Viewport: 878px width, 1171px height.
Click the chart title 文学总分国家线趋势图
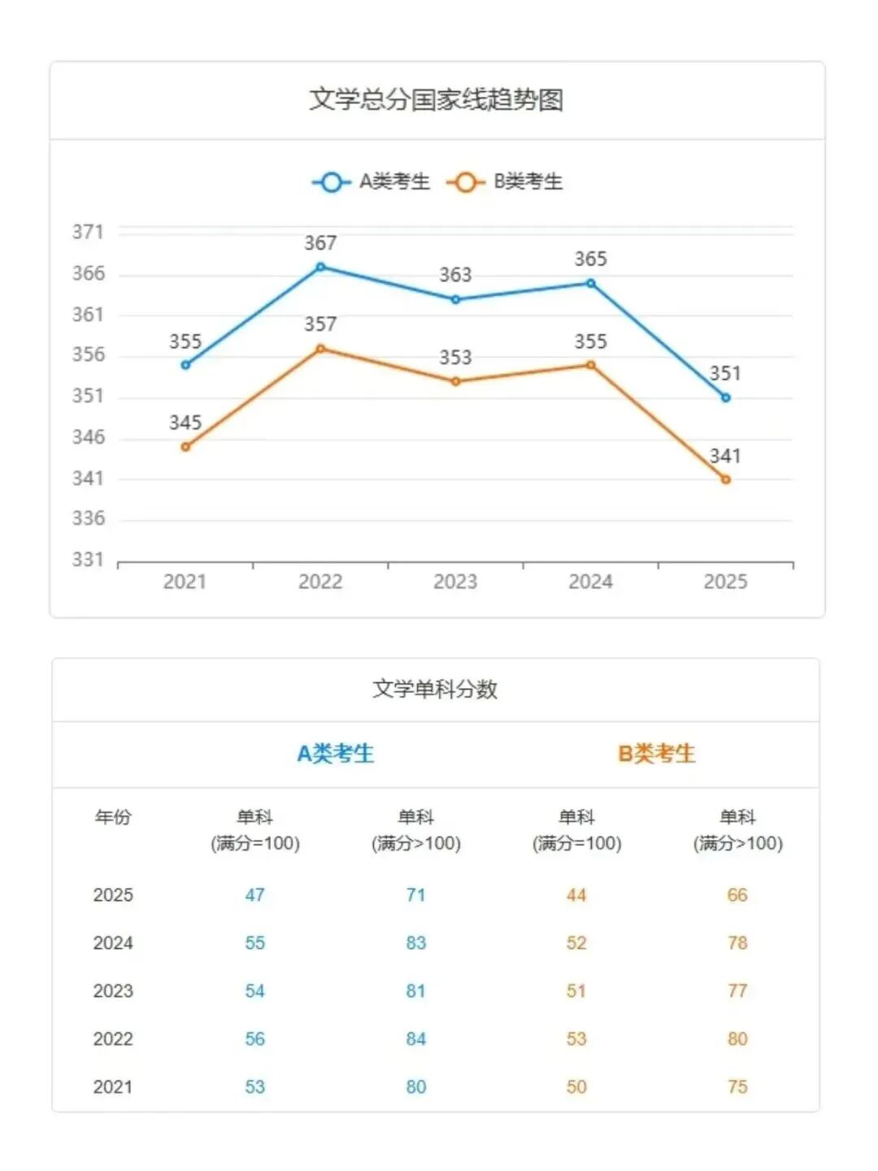[x=437, y=100]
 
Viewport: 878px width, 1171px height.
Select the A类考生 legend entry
[x=372, y=181]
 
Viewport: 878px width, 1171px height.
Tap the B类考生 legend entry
[x=506, y=181]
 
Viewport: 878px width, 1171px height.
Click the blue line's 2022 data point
[x=320, y=267]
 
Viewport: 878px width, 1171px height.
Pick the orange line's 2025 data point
[x=726, y=480]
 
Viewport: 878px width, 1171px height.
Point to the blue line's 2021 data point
[x=185, y=365]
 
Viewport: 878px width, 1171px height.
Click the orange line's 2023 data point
[x=455, y=381]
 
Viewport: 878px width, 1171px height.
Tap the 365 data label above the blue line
[x=590, y=259]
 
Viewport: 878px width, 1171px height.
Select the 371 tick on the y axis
[x=88, y=233]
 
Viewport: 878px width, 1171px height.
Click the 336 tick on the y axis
[x=88, y=519]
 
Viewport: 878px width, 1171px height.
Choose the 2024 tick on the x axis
[x=590, y=582]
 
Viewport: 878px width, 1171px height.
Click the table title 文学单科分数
[x=435, y=690]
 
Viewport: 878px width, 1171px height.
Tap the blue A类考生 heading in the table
[x=335, y=754]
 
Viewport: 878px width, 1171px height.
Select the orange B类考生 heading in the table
[x=657, y=754]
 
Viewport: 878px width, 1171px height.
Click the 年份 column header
[x=113, y=817]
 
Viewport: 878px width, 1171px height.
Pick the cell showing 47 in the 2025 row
[x=255, y=895]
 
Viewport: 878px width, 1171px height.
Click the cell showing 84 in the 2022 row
[x=416, y=1039]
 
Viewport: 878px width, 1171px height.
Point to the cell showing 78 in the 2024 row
[x=737, y=943]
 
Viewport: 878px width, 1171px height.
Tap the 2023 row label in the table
[x=113, y=991]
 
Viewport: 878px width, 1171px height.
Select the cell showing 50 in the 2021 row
[x=576, y=1087]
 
